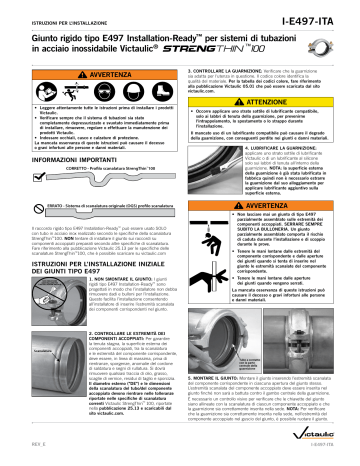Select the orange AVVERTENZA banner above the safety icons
[90, 86]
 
